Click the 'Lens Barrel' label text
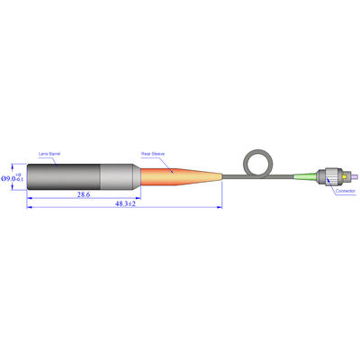coord(49,154)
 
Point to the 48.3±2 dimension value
coord(125,205)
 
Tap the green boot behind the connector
coord(307,175)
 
